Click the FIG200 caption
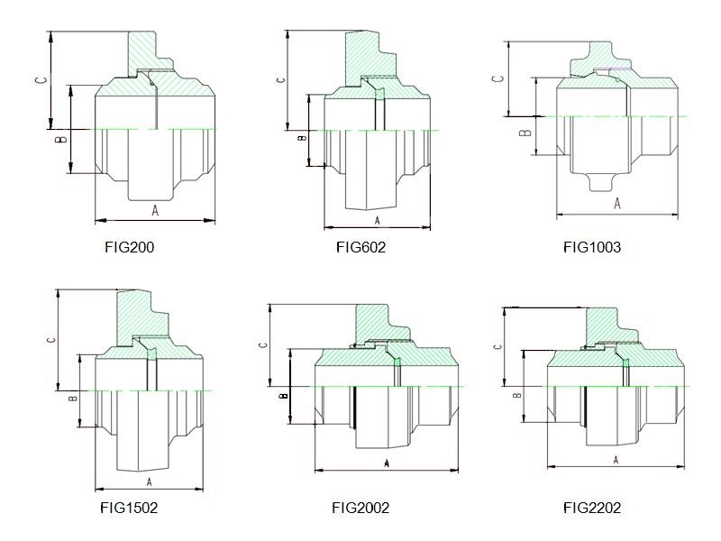tap(129, 247)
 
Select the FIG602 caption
tap(360, 247)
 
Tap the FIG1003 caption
tap(592, 247)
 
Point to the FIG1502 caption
tap(129, 508)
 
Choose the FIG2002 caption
tap(360, 508)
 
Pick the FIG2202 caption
tap(592, 508)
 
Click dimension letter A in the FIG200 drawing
tap(155, 211)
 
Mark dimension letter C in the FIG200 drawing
tap(41, 79)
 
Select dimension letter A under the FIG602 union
tap(377, 221)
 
